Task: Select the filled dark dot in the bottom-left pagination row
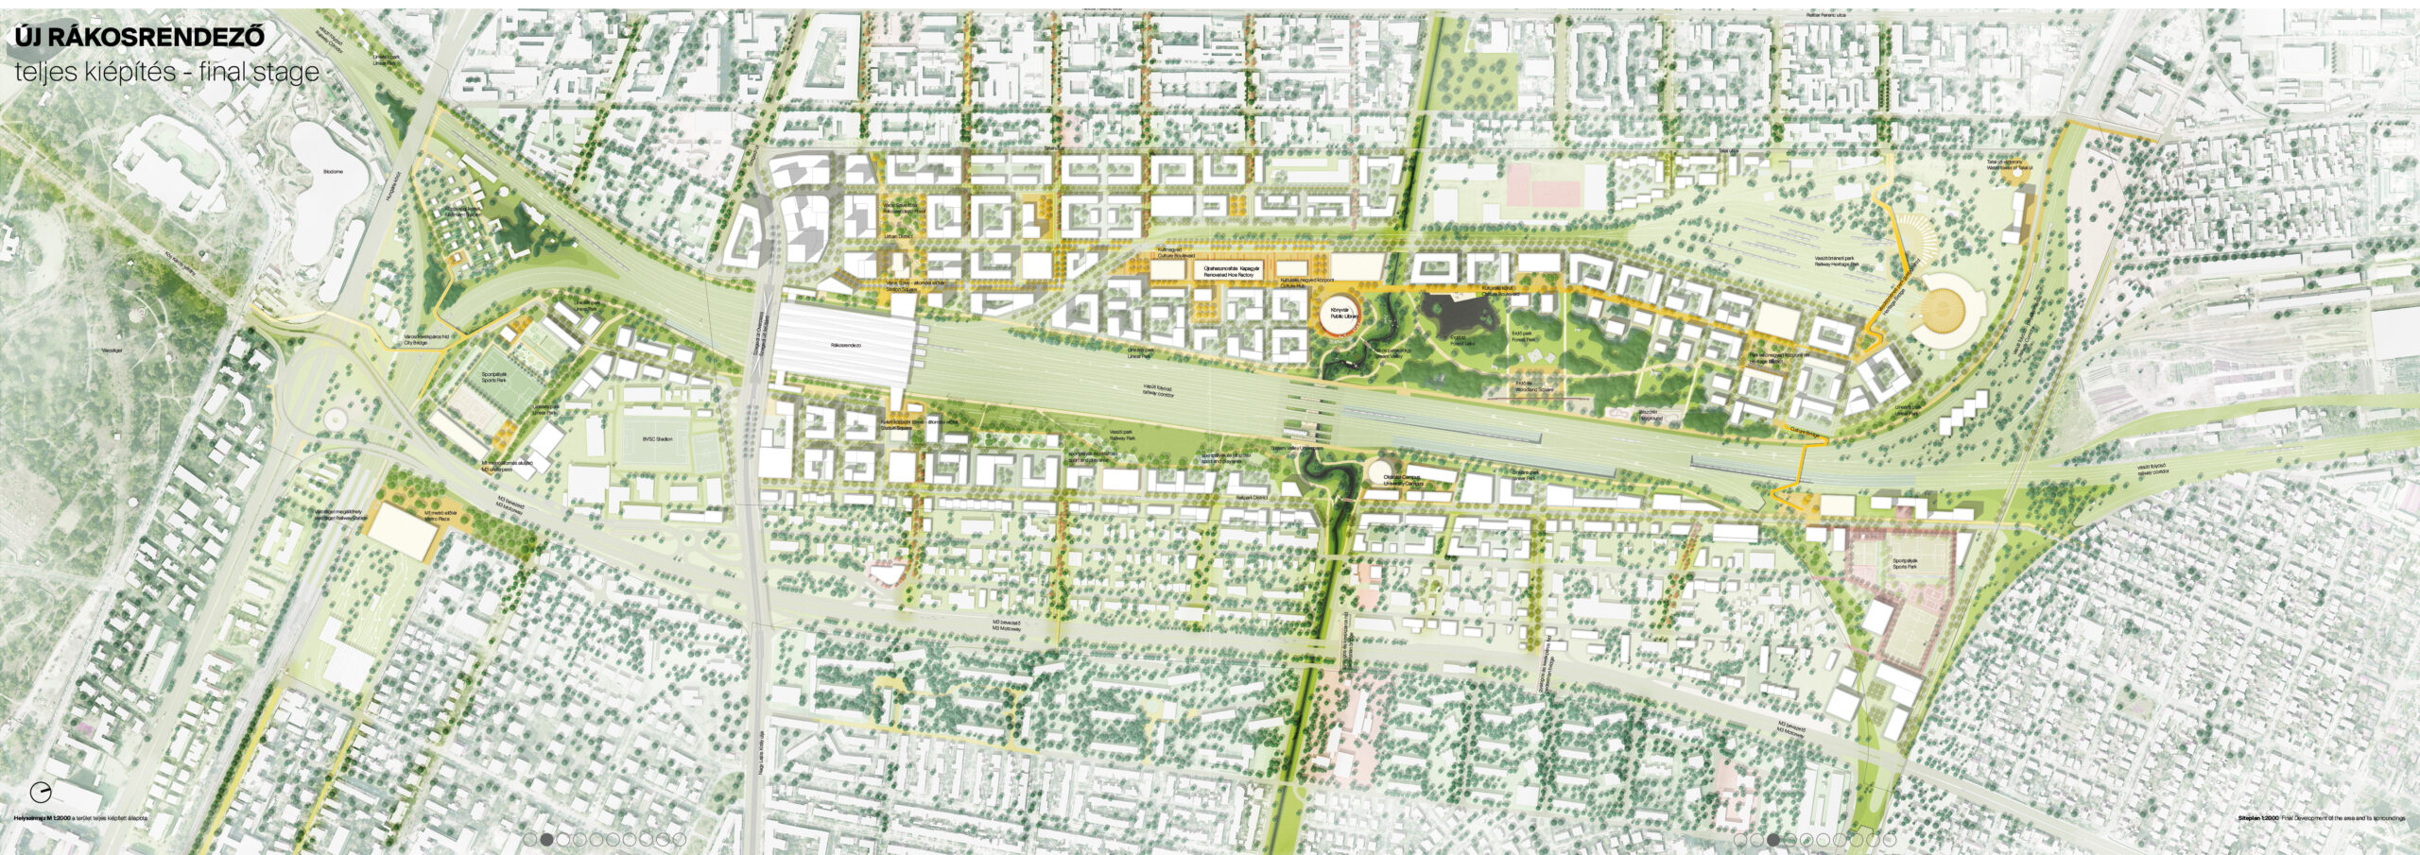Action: [x=546, y=839]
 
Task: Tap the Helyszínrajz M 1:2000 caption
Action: [x=80, y=818]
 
